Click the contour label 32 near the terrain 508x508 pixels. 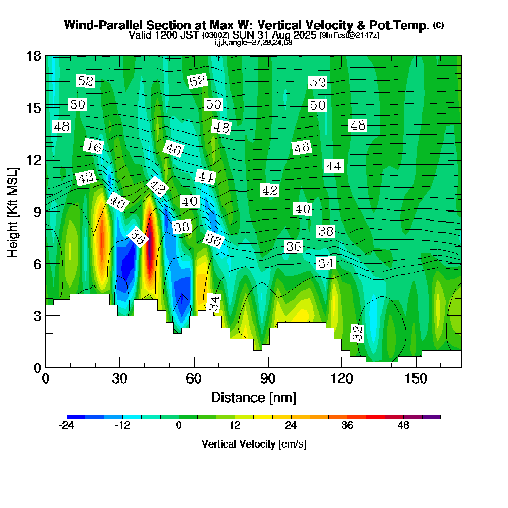click(358, 333)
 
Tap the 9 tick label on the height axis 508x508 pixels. click(37, 212)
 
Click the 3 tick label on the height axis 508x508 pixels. click(37, 316)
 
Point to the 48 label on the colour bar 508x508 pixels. click(403, 426)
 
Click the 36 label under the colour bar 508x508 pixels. click(347, 426)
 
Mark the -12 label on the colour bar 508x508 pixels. click(122, 426)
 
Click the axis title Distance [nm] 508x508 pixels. click(253, 397)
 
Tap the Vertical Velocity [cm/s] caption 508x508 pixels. click(253, 444)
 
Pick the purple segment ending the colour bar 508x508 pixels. click(431, 417)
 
